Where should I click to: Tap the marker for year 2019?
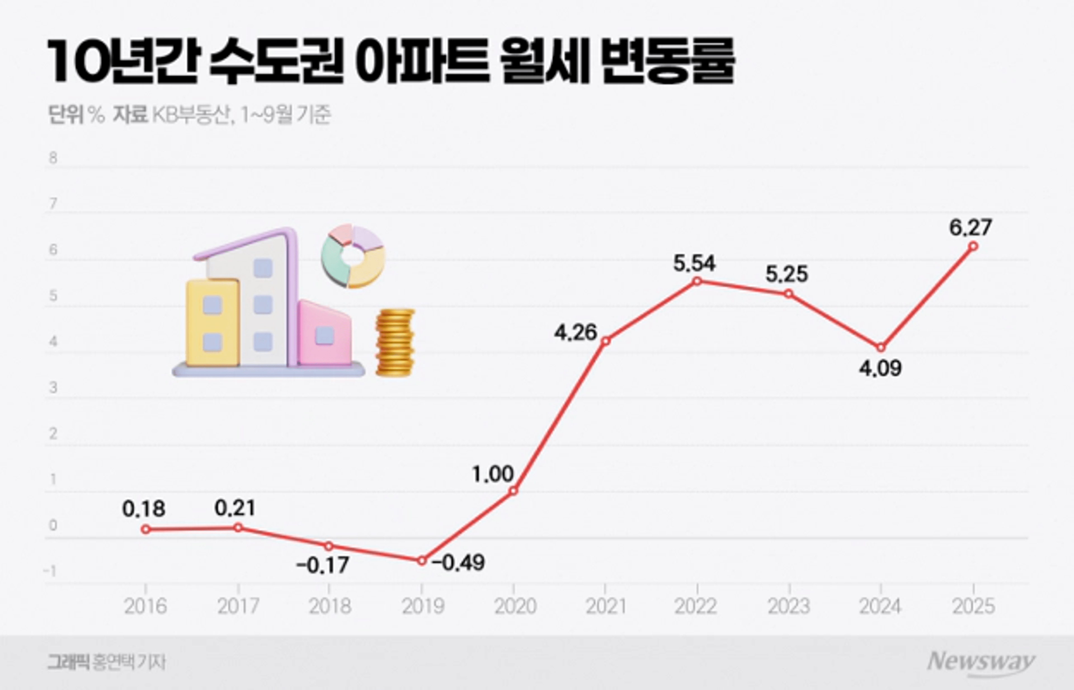[421, 560]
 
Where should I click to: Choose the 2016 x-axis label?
[145, 607]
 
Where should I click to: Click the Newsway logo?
[980, 662]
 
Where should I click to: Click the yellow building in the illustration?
[212, 323]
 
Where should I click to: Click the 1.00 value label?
[493, 474]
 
